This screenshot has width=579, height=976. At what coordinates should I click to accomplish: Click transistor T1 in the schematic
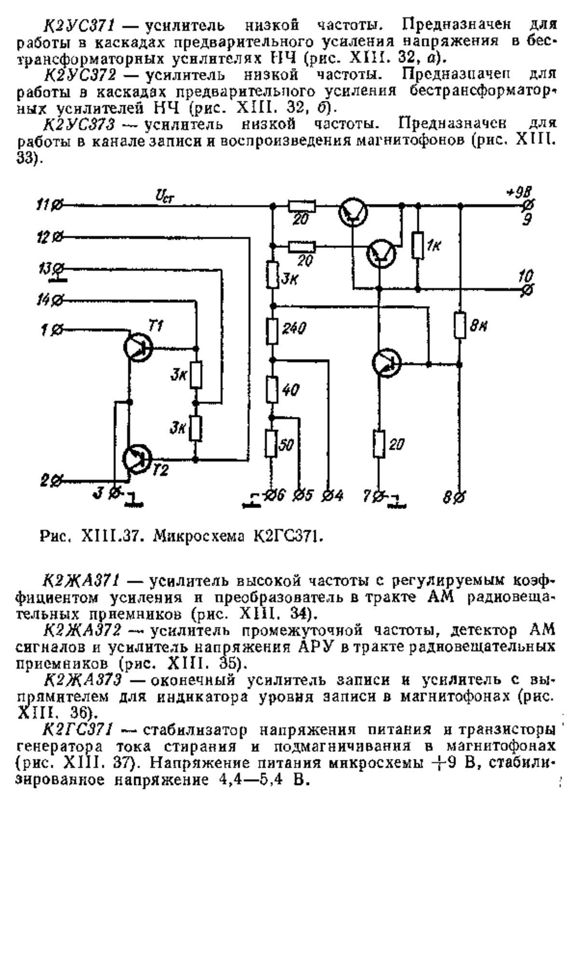pos(138,346)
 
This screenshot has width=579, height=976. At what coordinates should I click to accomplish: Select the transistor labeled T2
pos(138,459)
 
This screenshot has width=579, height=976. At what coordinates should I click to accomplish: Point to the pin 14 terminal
pos(56,301)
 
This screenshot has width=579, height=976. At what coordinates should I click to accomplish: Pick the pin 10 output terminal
pos(527,289)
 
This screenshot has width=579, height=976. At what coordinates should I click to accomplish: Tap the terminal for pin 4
pos(329,495)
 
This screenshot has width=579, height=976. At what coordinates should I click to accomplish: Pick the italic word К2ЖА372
pos(82,631)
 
